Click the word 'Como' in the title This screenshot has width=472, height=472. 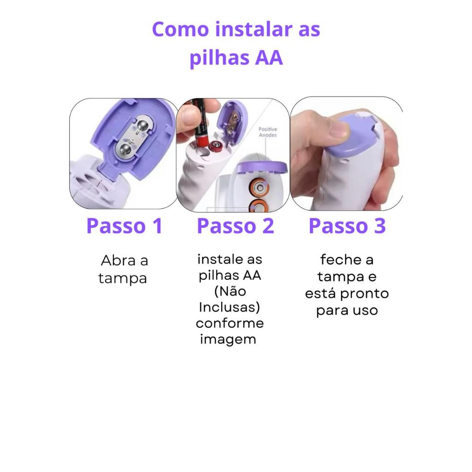click(180, 29)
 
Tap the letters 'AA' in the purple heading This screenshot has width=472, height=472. click(269, 58)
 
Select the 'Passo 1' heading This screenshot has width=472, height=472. click(124, 226)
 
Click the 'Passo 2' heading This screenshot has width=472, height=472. click(236, 226)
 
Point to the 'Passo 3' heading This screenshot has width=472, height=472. click(347, 226)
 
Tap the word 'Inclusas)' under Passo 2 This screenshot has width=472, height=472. click(230, 307)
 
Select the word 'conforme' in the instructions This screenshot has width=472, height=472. click(230, 323)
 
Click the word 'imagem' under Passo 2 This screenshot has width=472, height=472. click(228, 340)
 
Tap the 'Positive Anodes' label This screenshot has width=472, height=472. click(268, 132)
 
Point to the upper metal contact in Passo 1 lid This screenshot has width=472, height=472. click(142, 125)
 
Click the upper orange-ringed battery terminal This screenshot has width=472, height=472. click(260, 188)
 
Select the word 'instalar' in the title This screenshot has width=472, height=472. click(254, 29)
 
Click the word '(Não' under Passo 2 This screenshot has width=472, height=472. click(230, 291)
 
